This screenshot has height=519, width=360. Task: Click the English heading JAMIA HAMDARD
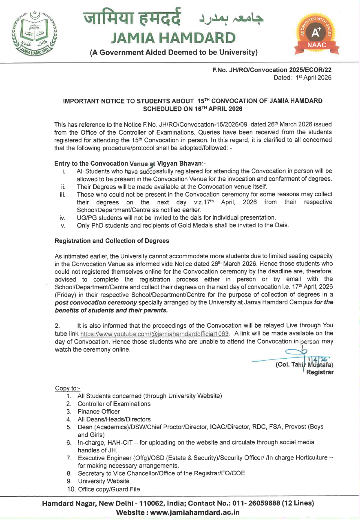click(173, 38)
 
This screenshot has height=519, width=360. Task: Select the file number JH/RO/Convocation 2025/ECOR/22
click(272, 70)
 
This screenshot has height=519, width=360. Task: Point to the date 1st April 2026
click(314, 78)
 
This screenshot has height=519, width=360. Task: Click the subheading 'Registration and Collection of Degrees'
click(112, 241)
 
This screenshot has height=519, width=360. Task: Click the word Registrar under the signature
click(320, 372)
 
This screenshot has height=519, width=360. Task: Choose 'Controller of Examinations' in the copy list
click(114, 404)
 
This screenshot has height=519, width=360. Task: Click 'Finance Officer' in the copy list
click(99, 411)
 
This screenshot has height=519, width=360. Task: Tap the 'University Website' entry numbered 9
click(104, 481)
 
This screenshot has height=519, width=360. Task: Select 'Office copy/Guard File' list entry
click(108, 489)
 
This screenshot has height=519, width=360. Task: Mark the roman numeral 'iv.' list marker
click(62, 217)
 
